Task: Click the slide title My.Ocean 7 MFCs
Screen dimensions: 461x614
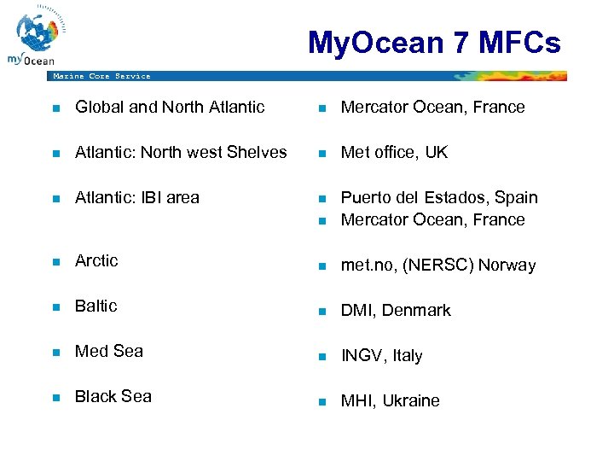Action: tap(434, 42)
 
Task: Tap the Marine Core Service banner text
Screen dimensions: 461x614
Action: tap(101, 76)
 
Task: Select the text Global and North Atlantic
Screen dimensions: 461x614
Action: tap(170, 107)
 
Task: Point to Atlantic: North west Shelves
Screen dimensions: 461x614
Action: tap(181, 152)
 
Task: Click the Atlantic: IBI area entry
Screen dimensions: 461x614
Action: tap(137, 197)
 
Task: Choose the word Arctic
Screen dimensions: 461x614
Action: tap(96, 260)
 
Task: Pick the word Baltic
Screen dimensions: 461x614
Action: tap(96, 306)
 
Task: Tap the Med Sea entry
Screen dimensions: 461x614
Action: tap(109, 351)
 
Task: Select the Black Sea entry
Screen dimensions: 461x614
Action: tap(113, 396)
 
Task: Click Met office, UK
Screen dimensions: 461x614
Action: tap(394, 152)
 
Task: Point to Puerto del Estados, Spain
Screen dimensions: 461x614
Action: tap(439, 197)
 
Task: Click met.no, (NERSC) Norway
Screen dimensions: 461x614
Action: tap(438, 265)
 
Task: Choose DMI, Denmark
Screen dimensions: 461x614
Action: tap(396, 310)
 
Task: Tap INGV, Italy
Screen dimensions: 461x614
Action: tap(381, 355)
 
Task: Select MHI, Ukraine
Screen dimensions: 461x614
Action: tap(391, 400)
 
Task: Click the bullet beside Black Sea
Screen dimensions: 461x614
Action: tap(55, 397)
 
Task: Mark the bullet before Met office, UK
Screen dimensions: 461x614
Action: tap(321, 154)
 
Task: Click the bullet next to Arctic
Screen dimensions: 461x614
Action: tap(55, 261)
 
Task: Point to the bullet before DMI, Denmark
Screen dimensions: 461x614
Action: tap(321, 312)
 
